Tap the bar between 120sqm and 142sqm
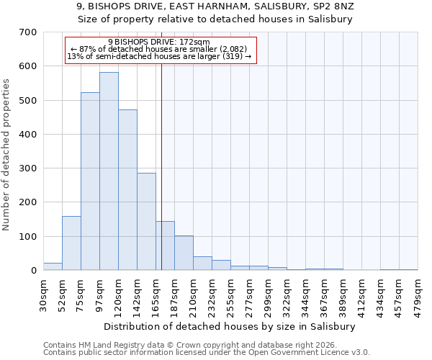click(x=127, y=190)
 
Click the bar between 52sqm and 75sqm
click(x=71, y=243)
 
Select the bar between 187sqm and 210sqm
click(x=184, y=253)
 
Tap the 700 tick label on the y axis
click(x=28, y=32)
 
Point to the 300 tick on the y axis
click(x=28, y=168)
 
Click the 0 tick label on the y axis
click(x=33, y=271)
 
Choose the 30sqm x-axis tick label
click(x=44, y=294)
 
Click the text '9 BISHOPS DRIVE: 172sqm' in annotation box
click(x=159, y=42)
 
